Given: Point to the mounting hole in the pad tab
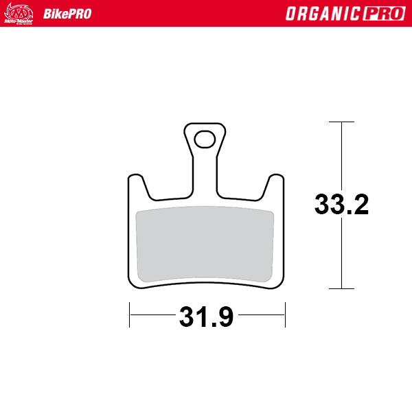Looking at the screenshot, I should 204,139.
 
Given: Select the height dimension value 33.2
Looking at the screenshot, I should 341,205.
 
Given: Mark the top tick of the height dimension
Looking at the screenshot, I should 341,122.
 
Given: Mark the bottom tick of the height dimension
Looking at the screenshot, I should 341,289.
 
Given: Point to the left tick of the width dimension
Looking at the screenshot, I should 129,315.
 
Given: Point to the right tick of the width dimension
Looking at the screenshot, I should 285,315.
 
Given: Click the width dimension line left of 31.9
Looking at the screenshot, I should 151,315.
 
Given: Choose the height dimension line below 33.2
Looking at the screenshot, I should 341,254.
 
